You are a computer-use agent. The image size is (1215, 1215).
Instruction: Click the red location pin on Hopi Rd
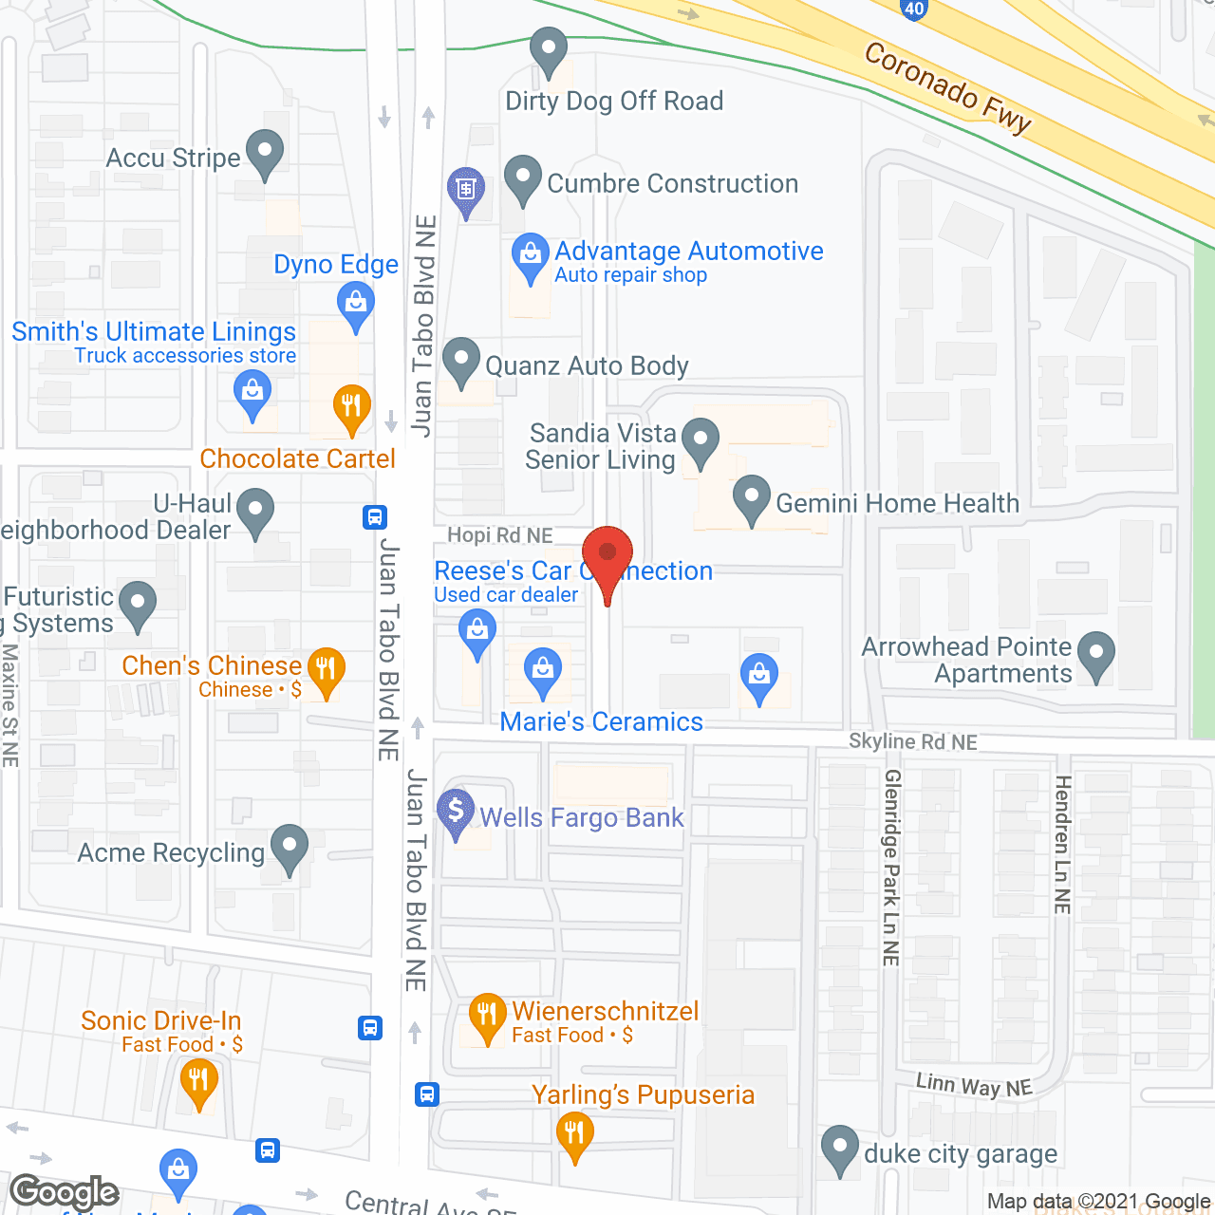[607, 555]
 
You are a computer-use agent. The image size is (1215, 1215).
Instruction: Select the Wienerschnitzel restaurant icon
[487, 1015]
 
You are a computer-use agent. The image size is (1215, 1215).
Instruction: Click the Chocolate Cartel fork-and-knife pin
[351, 406]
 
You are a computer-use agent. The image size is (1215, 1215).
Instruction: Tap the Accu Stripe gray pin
[265, 152]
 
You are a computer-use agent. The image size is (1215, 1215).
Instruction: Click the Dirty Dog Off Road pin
[548, 49]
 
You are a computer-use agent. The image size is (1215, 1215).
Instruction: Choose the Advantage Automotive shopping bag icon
[531, 255]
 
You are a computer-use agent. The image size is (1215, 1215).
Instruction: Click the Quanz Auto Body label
[587, 365]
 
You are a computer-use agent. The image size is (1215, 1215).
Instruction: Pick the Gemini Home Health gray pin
[752, 496]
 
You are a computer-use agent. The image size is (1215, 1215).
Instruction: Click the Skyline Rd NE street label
[912, 741]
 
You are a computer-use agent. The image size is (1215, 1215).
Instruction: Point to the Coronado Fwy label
[947, 88]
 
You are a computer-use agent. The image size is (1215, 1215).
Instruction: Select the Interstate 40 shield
[913, 9]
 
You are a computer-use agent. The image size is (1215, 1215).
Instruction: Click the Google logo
[65, 1192]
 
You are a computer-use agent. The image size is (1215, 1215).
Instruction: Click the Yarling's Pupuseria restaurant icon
[574, 1133]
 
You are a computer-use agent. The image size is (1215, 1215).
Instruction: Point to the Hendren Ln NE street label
[1062, 844]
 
